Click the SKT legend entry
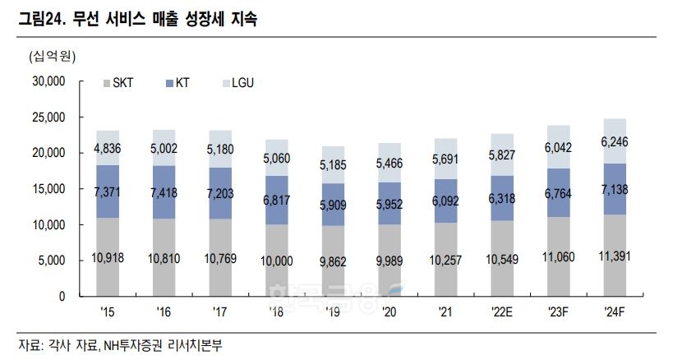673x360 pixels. click(x=122, y=82)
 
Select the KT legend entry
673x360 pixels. click(x=180, y=82)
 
